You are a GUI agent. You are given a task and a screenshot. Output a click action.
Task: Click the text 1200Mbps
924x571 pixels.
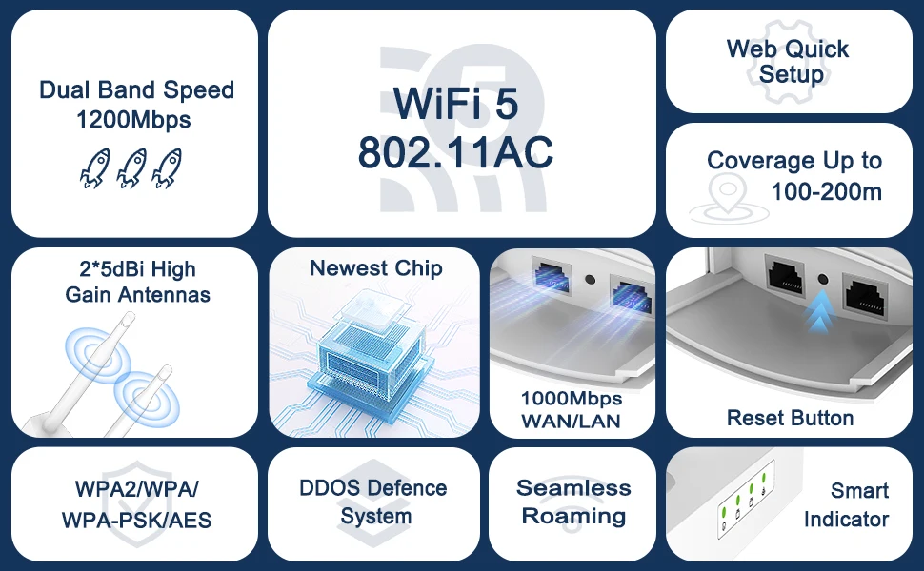(133, 120)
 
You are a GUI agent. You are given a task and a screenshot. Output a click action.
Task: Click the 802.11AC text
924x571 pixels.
(455, 152)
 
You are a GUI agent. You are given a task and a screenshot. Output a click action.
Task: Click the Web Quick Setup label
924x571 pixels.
(788, 61)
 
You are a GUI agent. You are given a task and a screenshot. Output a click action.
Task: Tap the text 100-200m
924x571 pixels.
(827, 191)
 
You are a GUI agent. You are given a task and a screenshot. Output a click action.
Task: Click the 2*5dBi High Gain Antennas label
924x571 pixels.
(137, 282)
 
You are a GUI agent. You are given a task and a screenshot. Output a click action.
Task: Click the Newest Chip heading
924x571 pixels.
(375, 268)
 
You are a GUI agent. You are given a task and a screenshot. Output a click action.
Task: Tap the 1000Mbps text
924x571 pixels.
(572, 399)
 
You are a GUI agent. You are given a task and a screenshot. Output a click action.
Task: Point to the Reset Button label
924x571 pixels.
(790, 418)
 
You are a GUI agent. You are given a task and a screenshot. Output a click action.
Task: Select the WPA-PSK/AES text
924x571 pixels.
(136, 521)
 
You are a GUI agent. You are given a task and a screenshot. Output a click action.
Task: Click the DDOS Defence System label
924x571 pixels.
(373, 502)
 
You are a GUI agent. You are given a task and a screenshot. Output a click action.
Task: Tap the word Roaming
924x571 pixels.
(573, 517)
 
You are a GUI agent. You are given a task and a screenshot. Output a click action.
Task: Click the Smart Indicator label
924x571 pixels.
(846, 504)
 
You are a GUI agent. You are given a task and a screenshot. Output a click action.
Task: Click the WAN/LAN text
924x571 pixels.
(572, 421)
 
